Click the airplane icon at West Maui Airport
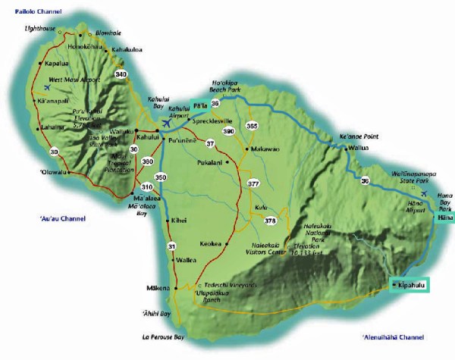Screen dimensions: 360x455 (x=27, y=87)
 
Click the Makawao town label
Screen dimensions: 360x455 (x=265, y=149)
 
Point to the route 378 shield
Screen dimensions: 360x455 (x=269, y=220)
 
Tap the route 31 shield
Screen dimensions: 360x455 (x=171, y=246)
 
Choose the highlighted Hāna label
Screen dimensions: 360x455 (x=444, y=218)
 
